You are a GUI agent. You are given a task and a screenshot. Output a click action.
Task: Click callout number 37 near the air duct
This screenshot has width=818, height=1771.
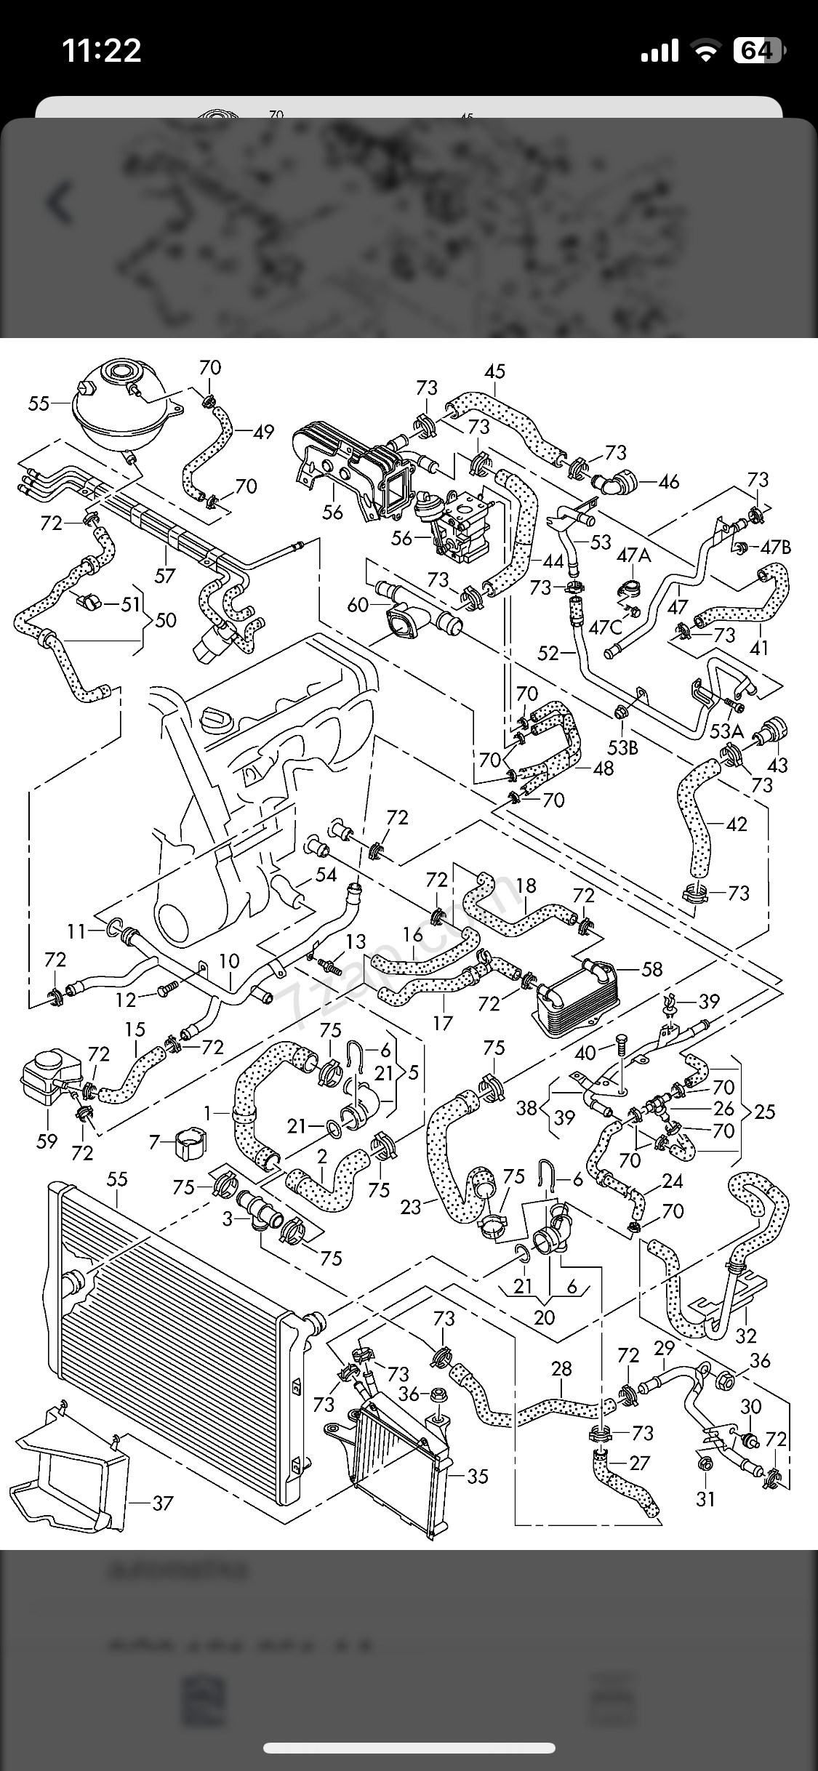pyautogui.click(x=163, y=1502)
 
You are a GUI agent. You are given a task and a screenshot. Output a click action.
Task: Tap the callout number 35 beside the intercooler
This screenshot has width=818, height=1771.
pyautogui.click(x=478, y=1476)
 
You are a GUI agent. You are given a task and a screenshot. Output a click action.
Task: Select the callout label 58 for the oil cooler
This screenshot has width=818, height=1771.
pyautogui.click(x=652, y=968)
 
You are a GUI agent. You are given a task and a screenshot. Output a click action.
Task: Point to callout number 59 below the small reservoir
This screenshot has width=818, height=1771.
pyautogui.click(x=47, y=1141)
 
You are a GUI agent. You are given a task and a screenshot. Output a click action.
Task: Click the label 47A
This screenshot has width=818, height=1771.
pyautogui.click(x=634, y=556)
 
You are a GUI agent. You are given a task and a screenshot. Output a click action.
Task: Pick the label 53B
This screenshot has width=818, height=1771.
pyautogui.click(x=622, y=747)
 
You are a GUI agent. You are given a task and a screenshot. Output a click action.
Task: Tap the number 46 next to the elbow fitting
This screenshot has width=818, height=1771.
pyautogui.click(x=668, y=481)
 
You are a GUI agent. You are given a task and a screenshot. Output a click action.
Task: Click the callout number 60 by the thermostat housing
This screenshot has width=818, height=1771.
pyautogui.click(x=358, y=604)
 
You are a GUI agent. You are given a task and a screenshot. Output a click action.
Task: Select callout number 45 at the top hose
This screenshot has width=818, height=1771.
pyautogui.click(x=494, y=372)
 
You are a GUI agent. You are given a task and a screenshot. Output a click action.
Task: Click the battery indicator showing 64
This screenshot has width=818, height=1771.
pyautogui.click(x=758, y=51)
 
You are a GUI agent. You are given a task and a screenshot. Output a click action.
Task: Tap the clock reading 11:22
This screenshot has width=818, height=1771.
pyautogui.click(x=102, y=51)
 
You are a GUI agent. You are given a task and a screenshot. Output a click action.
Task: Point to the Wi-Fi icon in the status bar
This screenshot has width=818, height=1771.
pyautogui.click(x=705, y=51)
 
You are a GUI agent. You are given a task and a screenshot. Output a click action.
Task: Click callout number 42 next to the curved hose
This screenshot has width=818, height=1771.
pyautogui.click(x=736, y=824)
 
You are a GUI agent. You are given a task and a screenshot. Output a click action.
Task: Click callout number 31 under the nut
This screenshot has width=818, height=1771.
pyautogui.click(x=705, y=1499)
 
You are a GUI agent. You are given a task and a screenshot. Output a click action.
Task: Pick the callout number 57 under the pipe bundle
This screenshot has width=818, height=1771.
pyautogui.click(x=165, y=575)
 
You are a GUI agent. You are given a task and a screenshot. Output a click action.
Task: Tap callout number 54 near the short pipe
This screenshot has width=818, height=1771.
pyautogui.click(x=326, y=875)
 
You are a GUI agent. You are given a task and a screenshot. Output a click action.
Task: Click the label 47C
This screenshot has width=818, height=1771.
pyautogui.click(x=606, y=626)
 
